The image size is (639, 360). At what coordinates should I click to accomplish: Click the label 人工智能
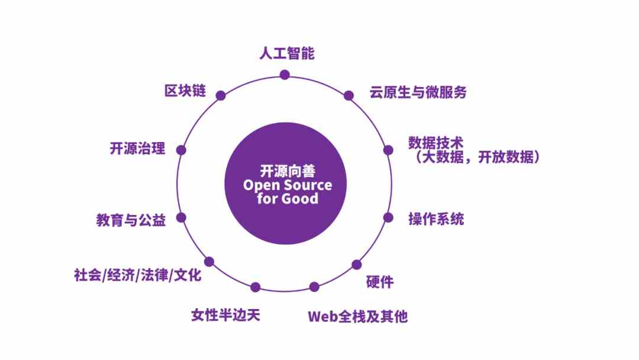click(286, 53)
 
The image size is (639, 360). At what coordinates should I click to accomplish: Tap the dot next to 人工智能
click(285, 75)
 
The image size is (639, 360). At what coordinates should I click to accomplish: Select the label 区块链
click(185, 91)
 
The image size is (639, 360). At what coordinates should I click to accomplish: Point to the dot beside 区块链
click(221, 95)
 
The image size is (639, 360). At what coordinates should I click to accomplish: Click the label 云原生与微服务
click(418, 92)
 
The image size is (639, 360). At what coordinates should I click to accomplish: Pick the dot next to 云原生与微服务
click(348, 95)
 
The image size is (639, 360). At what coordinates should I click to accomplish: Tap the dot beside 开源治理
click(181, 150)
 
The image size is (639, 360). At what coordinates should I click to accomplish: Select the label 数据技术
click(435, 143)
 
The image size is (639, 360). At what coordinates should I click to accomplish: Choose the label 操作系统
click(436, 218)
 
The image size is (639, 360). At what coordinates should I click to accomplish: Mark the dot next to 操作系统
click(388, 217)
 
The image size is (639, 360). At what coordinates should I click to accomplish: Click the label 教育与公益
click(131, 220)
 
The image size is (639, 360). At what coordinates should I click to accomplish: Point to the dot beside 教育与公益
click(181, 217)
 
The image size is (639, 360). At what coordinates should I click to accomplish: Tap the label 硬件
click(380, 282)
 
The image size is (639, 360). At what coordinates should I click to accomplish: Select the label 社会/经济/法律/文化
click(138, 275)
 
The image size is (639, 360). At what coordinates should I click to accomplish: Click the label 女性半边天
click(225, 314)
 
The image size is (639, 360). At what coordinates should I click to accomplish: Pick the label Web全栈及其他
click(357, 316)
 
